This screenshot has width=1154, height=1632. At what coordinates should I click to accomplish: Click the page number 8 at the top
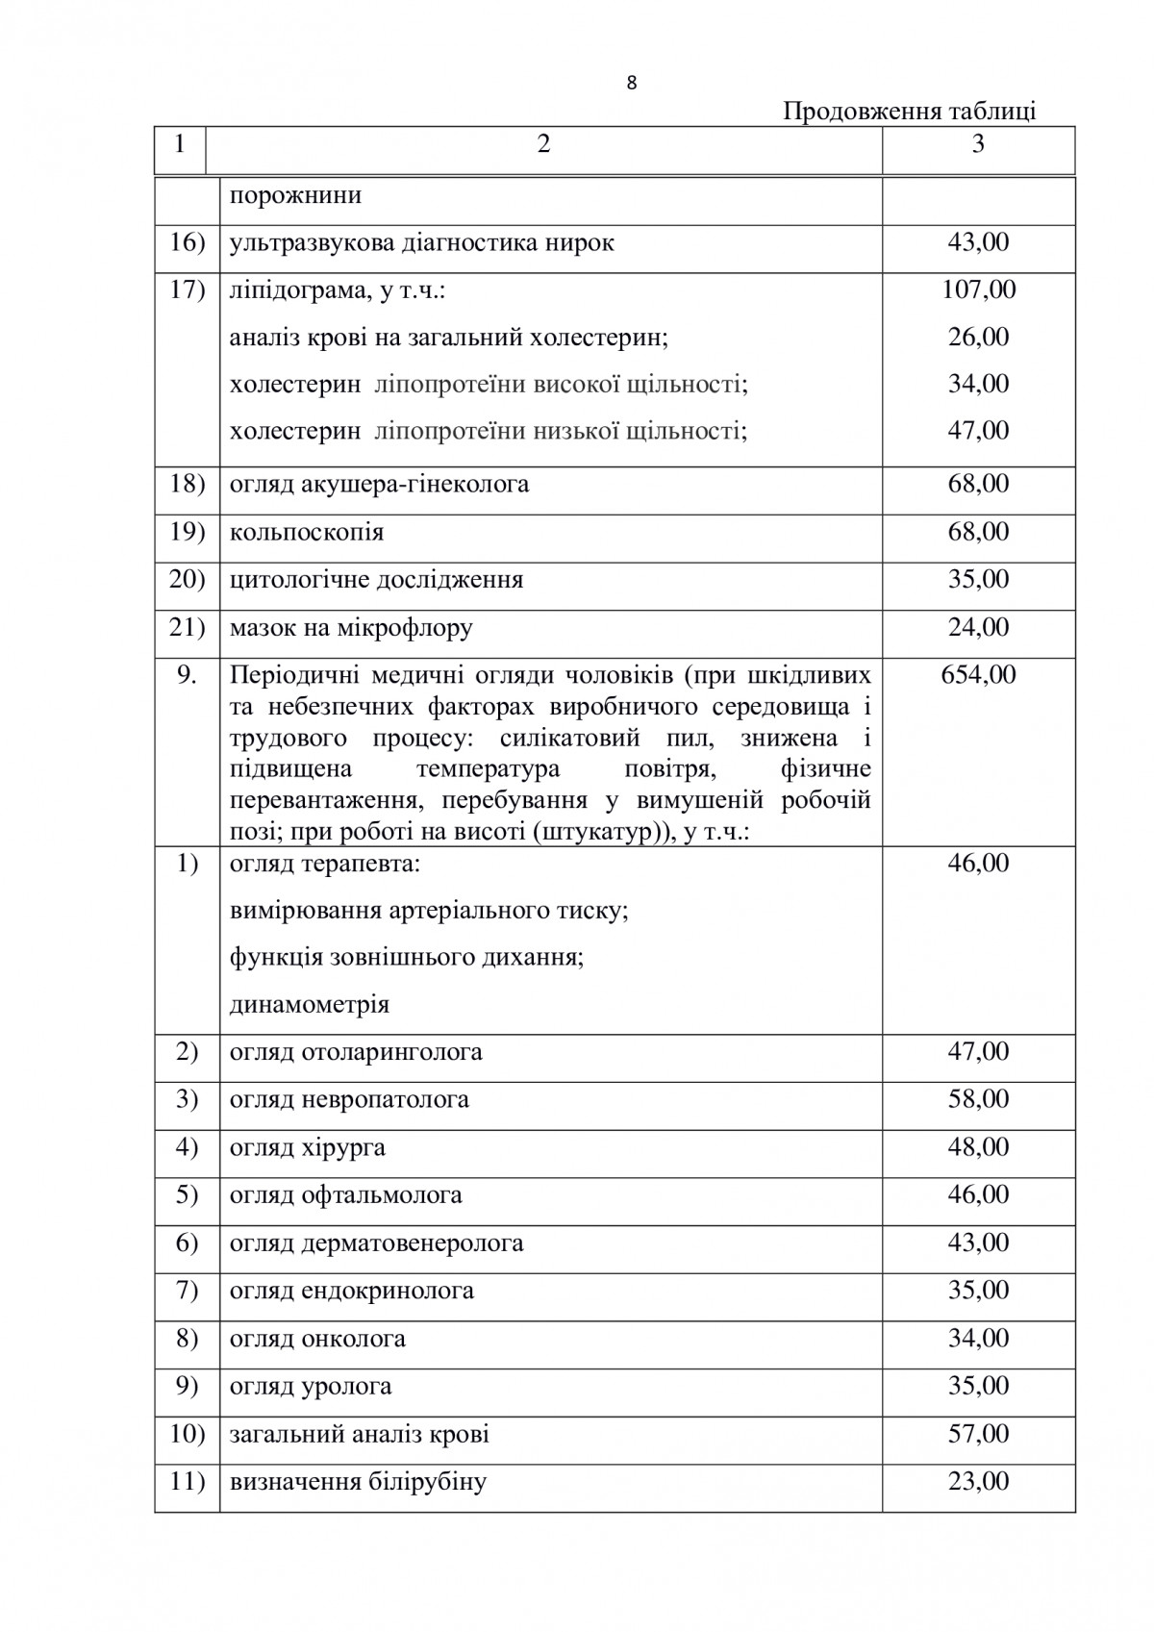point(631,83)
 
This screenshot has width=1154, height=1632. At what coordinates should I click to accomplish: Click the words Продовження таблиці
point(909,112)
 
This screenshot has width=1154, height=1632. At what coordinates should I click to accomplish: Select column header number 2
point(544,144)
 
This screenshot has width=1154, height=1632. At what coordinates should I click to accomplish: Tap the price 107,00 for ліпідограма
point(978,289)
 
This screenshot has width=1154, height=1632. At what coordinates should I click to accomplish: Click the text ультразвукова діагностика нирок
point(421,242)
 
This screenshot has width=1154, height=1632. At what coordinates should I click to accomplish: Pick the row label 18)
point(187,484)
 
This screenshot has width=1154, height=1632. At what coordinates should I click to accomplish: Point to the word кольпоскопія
point(306,532)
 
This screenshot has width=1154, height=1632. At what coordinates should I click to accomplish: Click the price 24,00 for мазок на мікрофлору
point(978,628)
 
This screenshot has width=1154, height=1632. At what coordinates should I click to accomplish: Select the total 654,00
point(978,675)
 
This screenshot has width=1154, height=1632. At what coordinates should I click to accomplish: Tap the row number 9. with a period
point(187,675)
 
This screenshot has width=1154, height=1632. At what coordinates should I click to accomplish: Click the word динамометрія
point(310,1005)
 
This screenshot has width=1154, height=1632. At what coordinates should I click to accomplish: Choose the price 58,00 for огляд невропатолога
point(978,1099)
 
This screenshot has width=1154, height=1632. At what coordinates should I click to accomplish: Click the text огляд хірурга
point(307,1147)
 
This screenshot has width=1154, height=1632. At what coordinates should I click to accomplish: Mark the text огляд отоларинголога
point(356,1052)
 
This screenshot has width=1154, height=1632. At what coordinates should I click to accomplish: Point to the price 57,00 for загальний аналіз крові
point(978,1434)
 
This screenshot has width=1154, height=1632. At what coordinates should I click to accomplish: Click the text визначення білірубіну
point(358,1482)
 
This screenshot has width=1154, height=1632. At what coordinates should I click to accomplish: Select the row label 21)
point(187,628)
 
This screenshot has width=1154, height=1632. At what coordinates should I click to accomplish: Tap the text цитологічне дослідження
point(376,580)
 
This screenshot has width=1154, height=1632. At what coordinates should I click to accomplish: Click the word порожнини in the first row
point(295,196)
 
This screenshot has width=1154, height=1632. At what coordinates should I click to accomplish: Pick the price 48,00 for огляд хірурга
point(978,1147)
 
